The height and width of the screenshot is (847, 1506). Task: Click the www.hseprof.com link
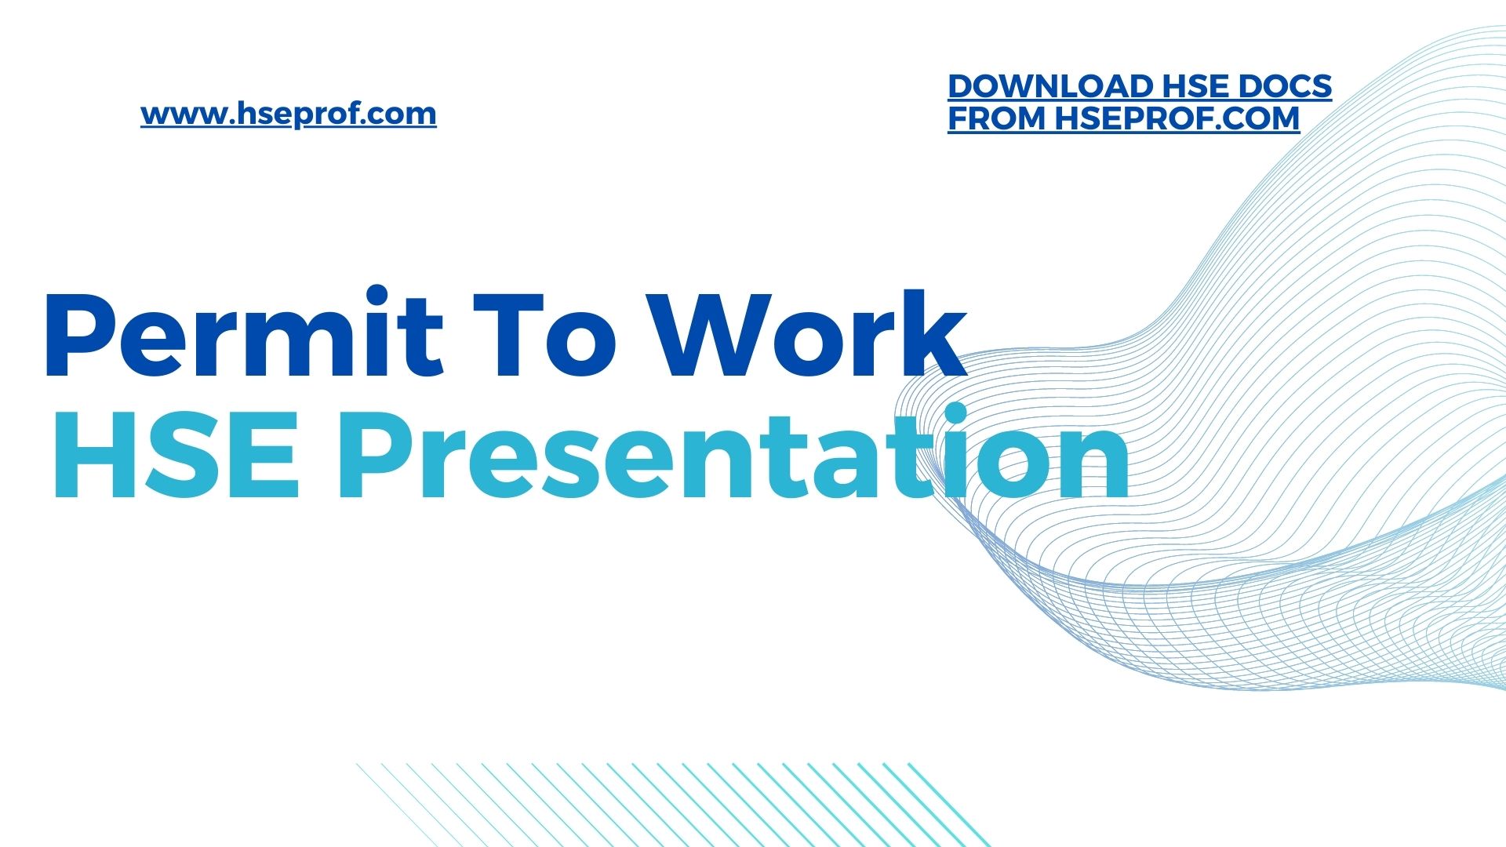(x=289, y=115)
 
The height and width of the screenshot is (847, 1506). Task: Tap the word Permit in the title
(x=244, y=333)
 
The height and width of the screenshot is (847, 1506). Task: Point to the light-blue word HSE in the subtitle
(x=175, y=454)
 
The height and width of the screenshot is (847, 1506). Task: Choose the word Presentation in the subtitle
(x=734, y=453)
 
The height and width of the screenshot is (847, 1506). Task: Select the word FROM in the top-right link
(x=997, y=118)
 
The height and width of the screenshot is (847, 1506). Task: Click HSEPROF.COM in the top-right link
(x=1177, y=118)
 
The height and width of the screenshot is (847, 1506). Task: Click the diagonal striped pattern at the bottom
(x=673, y=805)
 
